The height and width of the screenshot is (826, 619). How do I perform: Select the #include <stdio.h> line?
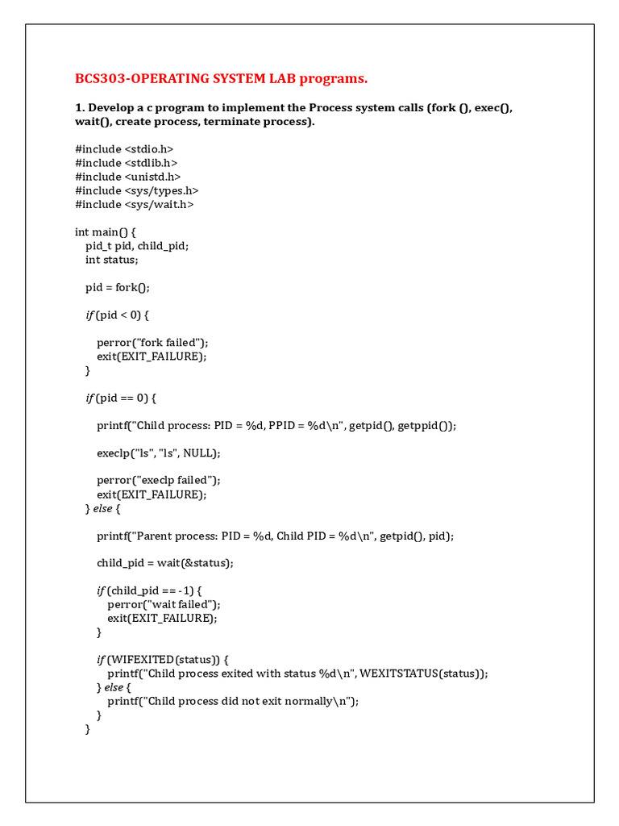124,149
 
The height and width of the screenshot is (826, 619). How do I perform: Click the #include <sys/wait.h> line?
135,204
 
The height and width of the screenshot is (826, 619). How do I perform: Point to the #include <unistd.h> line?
128,177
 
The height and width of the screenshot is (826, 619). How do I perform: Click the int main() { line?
111,232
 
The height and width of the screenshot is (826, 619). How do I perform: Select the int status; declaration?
112,260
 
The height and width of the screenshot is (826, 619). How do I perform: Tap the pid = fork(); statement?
118,287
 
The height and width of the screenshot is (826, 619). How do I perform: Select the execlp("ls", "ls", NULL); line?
159,453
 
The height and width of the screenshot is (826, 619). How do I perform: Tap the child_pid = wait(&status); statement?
165,563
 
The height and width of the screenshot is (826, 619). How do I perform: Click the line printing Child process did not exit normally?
233,701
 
